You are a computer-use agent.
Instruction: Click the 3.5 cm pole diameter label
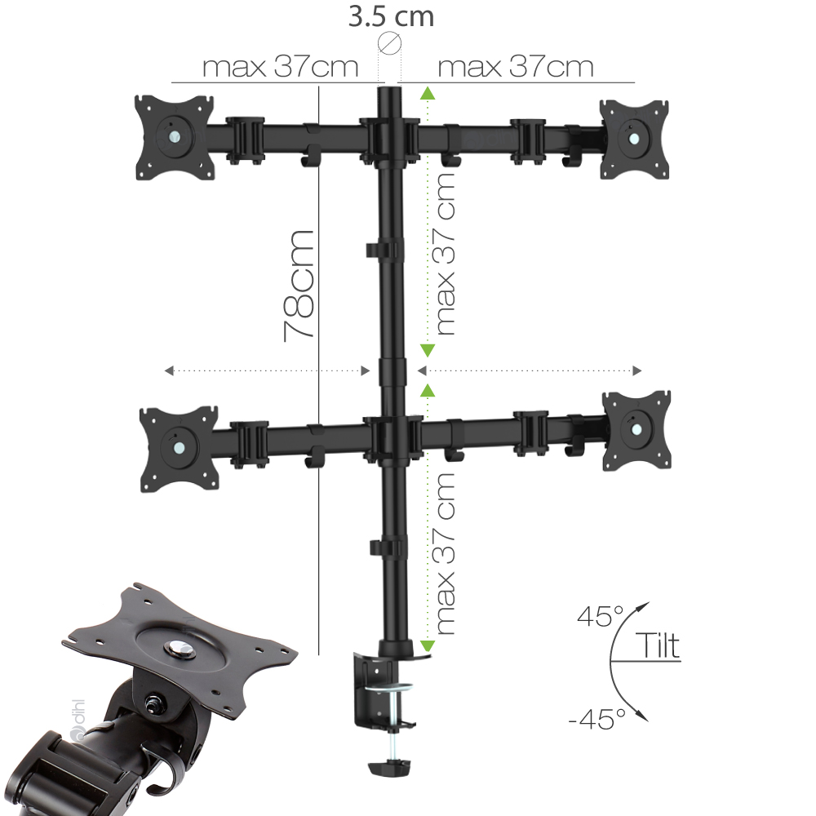(391, 16)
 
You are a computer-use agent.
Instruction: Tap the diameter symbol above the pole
(389, 43)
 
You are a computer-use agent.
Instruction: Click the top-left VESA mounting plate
(175, 137)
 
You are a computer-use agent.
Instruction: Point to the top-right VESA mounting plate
(634, 139)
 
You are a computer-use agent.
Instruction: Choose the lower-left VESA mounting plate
(179, 448)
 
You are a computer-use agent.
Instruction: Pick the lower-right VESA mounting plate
(637, 430)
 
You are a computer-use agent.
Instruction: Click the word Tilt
(657, 645)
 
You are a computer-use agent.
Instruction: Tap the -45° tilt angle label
(597, 719)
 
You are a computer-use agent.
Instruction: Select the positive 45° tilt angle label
(600, 616)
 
